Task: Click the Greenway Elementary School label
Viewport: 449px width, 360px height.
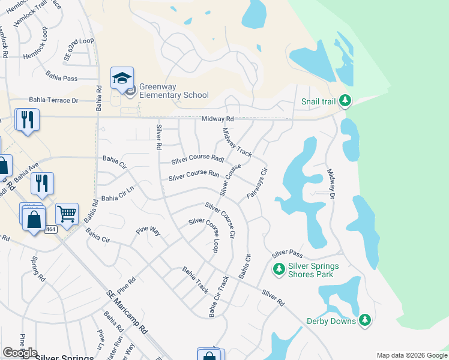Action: [174, 91]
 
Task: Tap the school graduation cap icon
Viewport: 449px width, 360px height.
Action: [122, 79]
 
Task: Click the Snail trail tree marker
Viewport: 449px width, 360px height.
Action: [345, 101]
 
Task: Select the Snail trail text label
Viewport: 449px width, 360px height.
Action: [318, 101]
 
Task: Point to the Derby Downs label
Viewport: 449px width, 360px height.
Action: [331, 321]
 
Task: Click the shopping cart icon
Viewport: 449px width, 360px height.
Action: [67, 213]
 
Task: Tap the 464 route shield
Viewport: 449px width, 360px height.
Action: [50, 229]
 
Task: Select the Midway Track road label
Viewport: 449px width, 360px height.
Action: [237, 143]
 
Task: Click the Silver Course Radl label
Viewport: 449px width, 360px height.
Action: [197, 159]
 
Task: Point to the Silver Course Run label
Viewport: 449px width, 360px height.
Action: [194, 176]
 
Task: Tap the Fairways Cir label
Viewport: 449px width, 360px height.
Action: [256, 184]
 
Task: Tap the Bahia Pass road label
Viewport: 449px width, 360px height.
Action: [62, 78]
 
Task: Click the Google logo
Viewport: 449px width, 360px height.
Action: [20, 353]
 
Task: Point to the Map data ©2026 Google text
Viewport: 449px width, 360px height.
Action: [411, 355]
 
